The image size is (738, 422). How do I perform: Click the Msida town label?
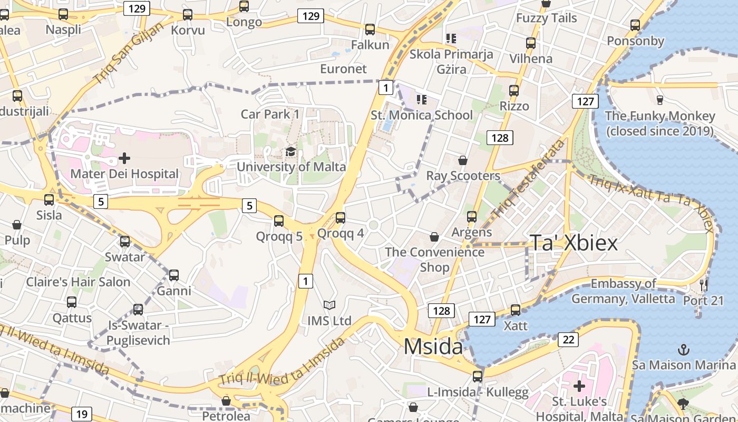point(433,347)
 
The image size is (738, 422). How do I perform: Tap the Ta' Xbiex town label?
point(574,243)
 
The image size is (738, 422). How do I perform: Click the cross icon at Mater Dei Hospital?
point(124,158)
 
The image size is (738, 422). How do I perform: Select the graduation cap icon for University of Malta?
point(290,152)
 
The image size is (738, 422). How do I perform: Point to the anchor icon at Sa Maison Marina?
point(683,349)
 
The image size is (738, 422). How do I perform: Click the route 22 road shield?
point(568,340)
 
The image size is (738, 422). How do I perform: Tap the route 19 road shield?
point(81,414)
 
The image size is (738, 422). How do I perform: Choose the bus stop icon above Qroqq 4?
point(341,217)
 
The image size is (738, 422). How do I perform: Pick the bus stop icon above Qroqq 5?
point(279,220)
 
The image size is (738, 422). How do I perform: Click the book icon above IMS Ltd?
point(329,305)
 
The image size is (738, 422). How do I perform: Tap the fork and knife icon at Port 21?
point(704,285)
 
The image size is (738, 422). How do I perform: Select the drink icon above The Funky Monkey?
point(659,100)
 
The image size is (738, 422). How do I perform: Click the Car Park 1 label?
point(270,114)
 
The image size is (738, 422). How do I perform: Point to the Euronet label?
point(343,69)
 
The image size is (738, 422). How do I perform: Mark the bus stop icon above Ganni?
point(173,275)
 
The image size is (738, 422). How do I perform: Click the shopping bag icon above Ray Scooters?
point(463,160)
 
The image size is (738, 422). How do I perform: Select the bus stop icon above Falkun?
point(370,30)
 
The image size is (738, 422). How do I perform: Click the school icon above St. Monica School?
point(421,99)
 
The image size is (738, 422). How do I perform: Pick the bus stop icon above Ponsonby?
point(635,25)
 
